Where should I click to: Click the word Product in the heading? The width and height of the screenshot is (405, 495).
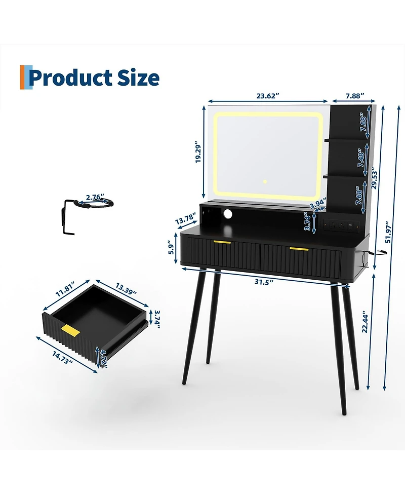tap(71, 78)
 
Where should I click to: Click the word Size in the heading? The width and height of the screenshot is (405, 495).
tap(138, 78)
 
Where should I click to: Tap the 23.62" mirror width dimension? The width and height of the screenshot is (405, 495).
tap(268, 96)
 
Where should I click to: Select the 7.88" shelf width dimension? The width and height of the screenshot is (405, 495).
tap(355, 96)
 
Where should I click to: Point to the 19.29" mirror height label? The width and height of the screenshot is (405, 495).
tap(198, 152)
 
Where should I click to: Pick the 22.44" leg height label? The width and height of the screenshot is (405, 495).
tap(365, 321)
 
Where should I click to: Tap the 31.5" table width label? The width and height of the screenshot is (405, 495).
tap(264, 282)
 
